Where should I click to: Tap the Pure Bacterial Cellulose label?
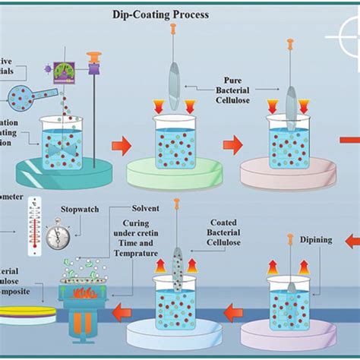point(242,90)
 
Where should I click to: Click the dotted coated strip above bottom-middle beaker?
point(176,266)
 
